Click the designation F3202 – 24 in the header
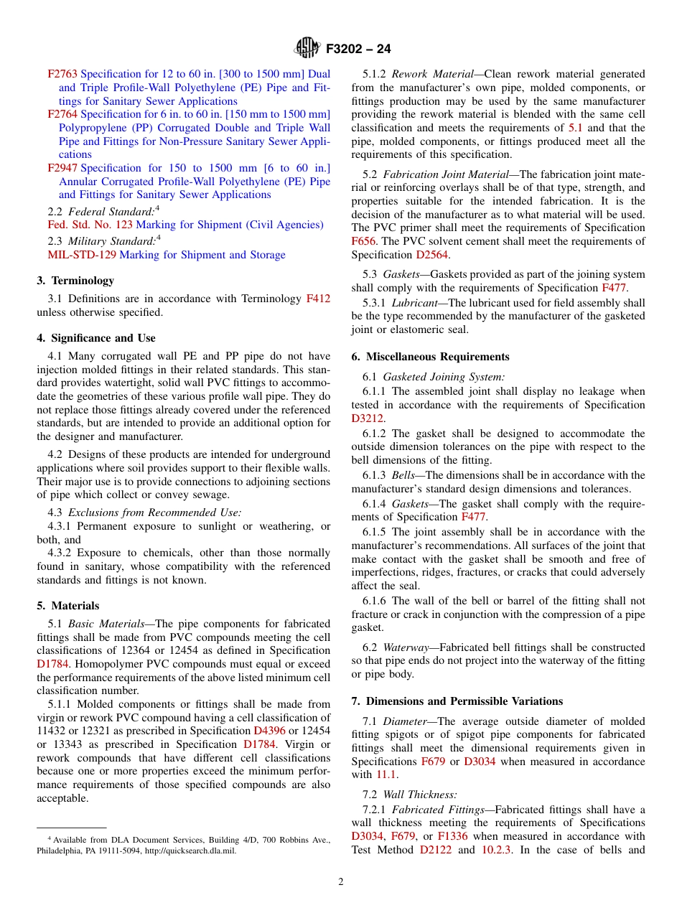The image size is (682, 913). (358, 50)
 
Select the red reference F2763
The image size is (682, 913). (62, 74)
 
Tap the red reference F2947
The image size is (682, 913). (62, 168)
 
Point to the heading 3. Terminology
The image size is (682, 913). (75, 281)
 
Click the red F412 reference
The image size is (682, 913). (318, 299)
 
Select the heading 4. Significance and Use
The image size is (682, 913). (96, 338)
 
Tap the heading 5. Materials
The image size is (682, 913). (68, 606)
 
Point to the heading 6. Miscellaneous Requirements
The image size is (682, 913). (431, 357)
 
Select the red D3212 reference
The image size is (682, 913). (368, 418)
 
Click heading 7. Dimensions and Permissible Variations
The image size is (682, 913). (457, 701)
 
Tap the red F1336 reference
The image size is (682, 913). (452, 836)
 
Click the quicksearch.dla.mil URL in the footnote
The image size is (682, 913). (192, 851)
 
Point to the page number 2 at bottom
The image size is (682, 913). (341, 882)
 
